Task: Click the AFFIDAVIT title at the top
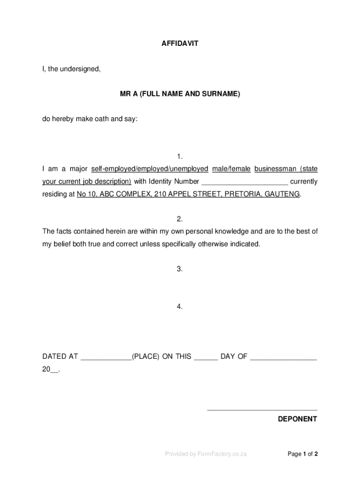click(180, 44)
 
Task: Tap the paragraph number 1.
click(180, 156)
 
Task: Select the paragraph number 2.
click(180, 219)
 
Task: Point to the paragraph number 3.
click(180, 269)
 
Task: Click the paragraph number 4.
click(180, 306)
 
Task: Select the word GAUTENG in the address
click(282, 194)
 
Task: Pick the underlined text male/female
click(231, 169)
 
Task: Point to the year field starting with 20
click(50, 370)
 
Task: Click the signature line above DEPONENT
click(262, 410)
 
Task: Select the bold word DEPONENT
click(297, 419)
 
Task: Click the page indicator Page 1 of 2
click(303, 454)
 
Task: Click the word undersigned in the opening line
click(83, 69)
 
